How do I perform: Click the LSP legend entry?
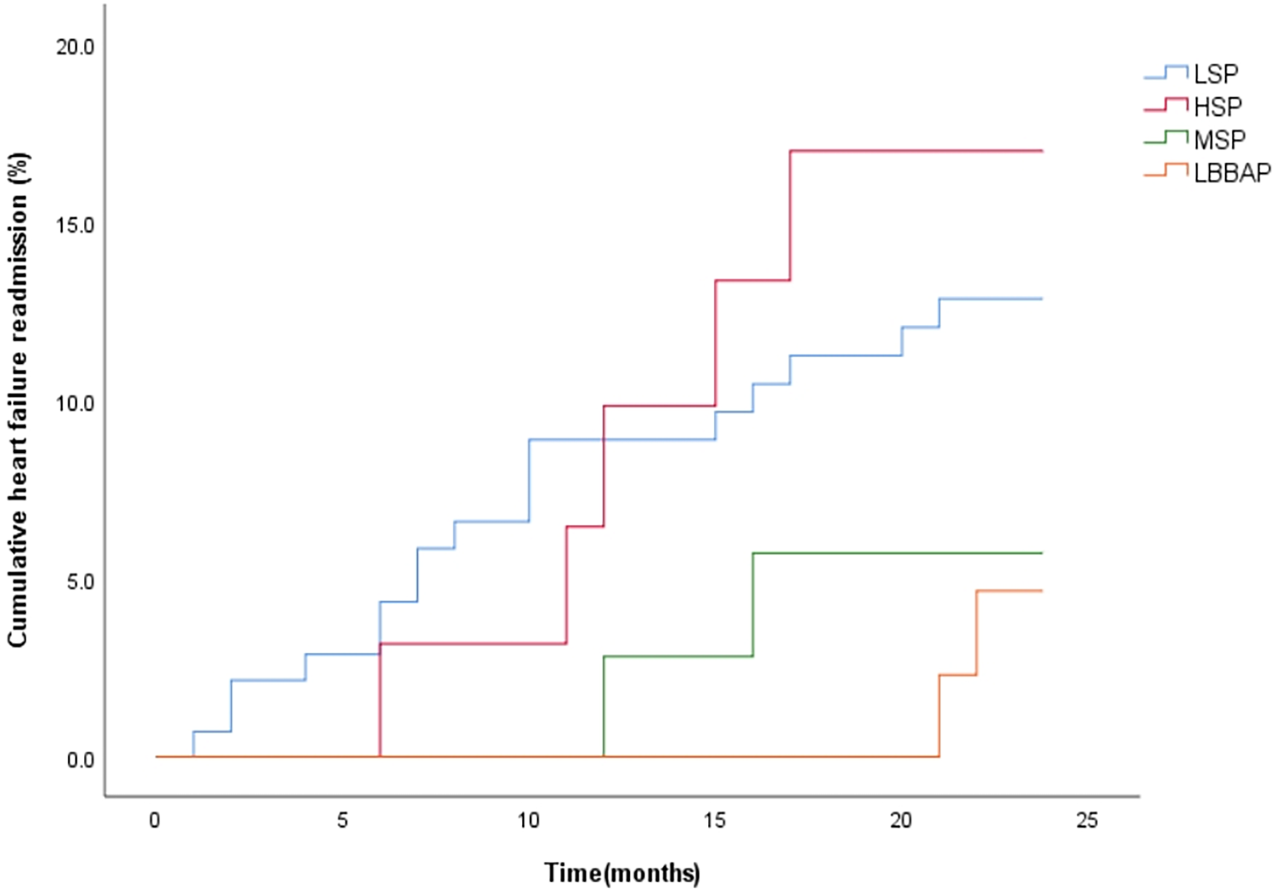coord(1215,74)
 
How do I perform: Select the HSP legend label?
coord(1217,107)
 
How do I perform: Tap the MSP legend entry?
coord(1219,139)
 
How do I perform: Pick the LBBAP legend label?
coord(1232,173)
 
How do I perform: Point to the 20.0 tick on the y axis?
coord(76,47)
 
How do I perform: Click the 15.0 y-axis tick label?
coord(76,225)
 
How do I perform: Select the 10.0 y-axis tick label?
coord(76,404)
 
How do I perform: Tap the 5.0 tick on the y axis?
coord(79,582)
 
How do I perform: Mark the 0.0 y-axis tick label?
coord(79,761)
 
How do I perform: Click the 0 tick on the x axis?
coord(155,821)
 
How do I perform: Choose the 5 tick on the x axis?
coord(342,821)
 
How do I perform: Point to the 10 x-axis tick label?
coord(529,821)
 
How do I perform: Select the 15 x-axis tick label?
coord(715,821)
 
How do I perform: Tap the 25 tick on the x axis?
coord(1087,821)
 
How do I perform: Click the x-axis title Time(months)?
coord(622,872)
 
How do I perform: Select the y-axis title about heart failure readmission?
coord(18,400)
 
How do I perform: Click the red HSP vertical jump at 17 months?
coord(790,215)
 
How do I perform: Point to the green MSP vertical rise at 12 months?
coord(604,707)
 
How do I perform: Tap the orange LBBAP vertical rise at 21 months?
coord(939,716)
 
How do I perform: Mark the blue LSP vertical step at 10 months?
coord(529,481)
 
